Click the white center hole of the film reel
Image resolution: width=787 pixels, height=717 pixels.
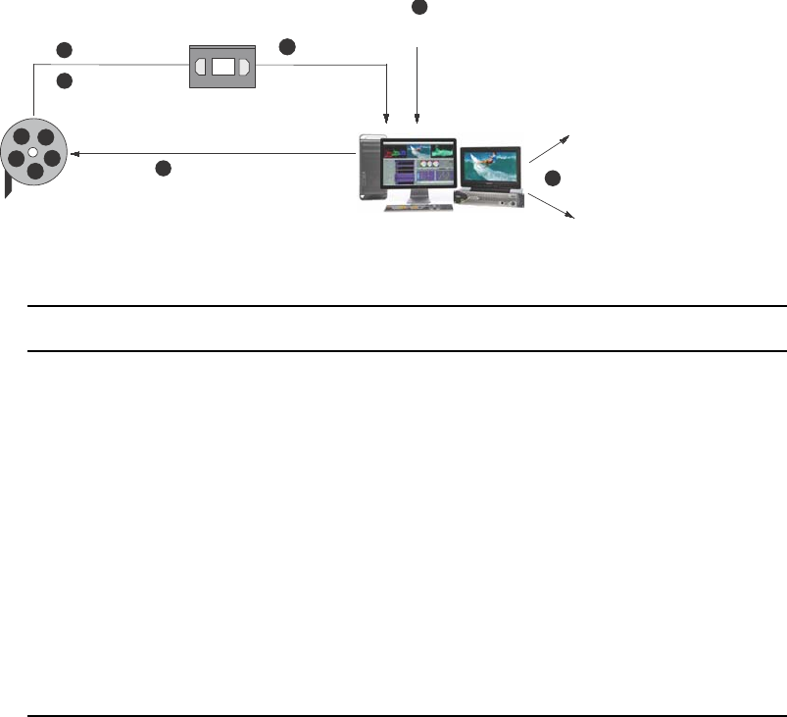[32, 153]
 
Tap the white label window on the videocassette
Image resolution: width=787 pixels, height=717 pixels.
[222, 67]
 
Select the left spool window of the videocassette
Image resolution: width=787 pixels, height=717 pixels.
[202, 67]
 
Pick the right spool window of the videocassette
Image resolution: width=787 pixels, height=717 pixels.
[243, 67]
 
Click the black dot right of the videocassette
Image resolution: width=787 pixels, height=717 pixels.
[286, 46]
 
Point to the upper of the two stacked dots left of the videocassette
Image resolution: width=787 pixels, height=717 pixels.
[65, 49]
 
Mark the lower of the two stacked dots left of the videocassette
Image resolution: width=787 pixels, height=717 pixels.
[65, 81]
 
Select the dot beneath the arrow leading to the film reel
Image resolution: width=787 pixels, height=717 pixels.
[163, 169]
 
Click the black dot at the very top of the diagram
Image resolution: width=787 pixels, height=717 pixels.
[419, 7]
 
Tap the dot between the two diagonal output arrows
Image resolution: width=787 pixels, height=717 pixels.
[553, 179]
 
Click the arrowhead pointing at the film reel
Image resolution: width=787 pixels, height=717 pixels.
[74, 153]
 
